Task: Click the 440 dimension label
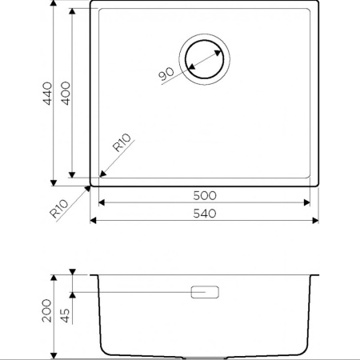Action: (x=48, y=94)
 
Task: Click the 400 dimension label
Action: (x=66, y=94)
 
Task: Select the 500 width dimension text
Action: (x=205, y=196)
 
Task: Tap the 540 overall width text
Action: (x=205, y=214)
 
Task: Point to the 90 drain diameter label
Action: (x=166, y=74)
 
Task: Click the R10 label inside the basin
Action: (x=122, y=142)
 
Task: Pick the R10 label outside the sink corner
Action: (x=59, y=209)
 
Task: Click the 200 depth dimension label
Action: (x=46, y=310)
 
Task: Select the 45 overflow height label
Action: (x=65, y=315)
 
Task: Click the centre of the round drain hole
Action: (x=205, y=59)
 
